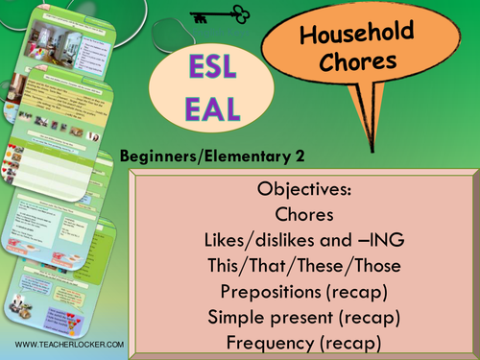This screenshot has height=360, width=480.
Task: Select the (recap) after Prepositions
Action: [351, 288]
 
